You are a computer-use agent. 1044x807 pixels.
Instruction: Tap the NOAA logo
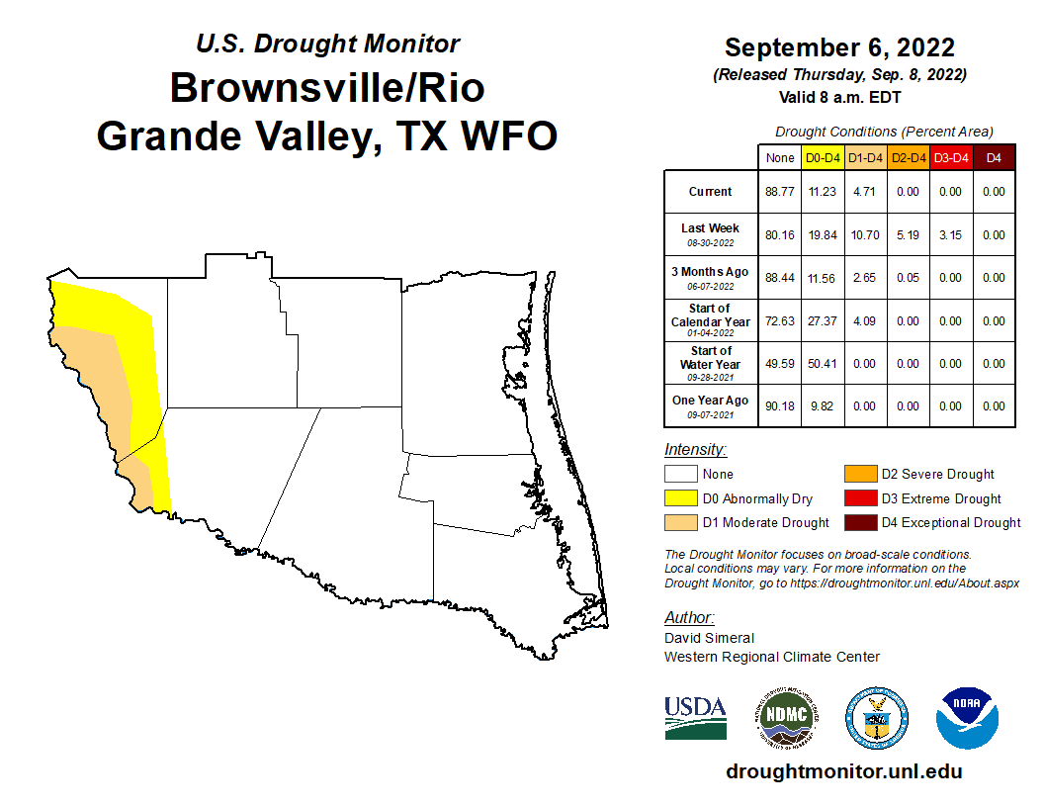(x=968, y=717)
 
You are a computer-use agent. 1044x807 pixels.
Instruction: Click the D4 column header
(x=994, y=157)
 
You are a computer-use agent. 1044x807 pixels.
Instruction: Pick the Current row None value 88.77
(x=780, y=192)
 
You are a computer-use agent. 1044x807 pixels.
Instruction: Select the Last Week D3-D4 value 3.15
(x=950, y=235)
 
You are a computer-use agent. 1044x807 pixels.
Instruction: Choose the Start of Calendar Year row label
(x=711, y=319)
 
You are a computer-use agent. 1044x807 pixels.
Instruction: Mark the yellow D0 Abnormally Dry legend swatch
(x=679, y=498)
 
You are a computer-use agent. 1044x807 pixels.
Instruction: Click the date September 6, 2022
(x=839, y=47)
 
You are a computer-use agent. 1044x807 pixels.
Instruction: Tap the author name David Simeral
(x=709, y=638)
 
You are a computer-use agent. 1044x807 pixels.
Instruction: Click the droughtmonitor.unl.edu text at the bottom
(x=843, y=771)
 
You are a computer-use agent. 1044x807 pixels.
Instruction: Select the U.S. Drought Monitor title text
(x=327, y=45)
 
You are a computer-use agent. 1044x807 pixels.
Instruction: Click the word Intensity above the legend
(x=695, y=450)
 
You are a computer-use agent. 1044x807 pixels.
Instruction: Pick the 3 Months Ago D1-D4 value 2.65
(x=866, y=278)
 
